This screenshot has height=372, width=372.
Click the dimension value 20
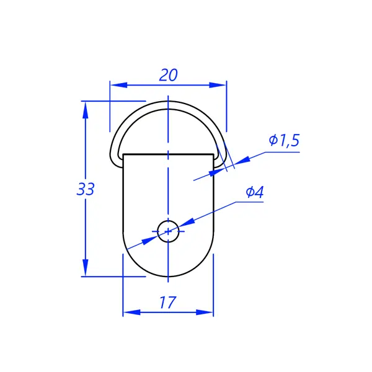(x=168, y=75)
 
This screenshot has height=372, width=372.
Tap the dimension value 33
(x=86, y=189)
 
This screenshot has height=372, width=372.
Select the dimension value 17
(x=168, y=303)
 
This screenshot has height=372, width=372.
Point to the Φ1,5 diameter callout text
(x=284, y=140)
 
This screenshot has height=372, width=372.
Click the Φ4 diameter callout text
(x=255, y=192)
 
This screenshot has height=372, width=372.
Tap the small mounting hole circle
(x=168, y=231)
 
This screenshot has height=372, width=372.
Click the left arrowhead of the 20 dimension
(x=118, y=85)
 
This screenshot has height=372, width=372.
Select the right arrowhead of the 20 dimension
(x=218, y=85)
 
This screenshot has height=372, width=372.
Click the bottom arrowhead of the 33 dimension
(x=86, y=268)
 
